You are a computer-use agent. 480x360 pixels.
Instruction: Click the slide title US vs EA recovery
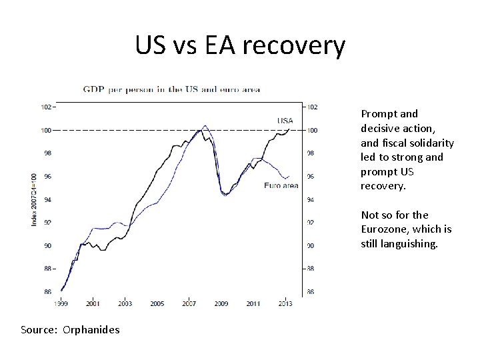(x=240, y=46)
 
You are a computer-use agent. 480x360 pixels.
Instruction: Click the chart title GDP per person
(x=171, y=89)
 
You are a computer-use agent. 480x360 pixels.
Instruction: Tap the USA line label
(x=285, y=121)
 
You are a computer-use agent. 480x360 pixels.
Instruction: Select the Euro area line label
(x=281, y=185)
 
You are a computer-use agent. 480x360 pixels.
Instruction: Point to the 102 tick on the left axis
(x=47, y=107)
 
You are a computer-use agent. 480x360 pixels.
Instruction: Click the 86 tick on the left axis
(x=47, y=291)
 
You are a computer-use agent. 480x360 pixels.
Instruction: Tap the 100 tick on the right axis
(x=313, y=130)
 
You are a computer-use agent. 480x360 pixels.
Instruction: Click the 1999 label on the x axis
(x=61, y=303)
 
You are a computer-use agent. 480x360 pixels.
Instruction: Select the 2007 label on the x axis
(x=189, y=303)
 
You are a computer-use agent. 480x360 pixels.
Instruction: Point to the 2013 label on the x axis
(x=285, y=303)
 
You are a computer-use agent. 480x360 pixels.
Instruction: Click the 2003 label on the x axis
(x=125, y=303)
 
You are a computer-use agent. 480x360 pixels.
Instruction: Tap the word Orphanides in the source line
(x=91, y=329)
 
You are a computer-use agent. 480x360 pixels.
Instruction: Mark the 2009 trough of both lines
(x=225, y=195)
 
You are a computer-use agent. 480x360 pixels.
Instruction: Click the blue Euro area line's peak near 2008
(x=205, y=125)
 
